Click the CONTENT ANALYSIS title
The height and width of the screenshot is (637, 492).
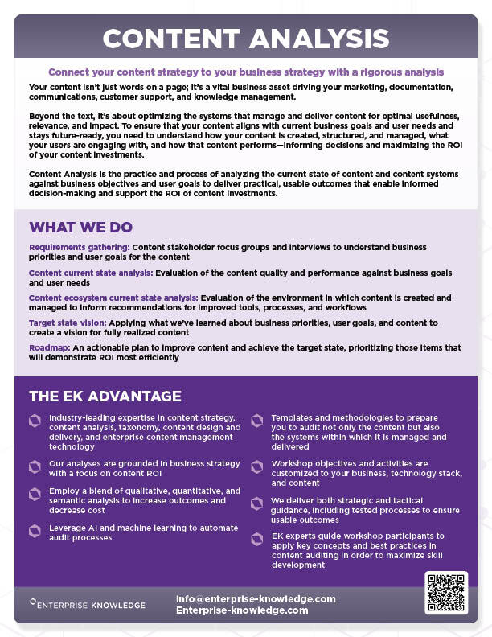tap(246, 38)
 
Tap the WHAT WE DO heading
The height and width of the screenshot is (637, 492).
tap(81, 228)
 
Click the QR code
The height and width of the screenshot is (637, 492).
tap(446, 593)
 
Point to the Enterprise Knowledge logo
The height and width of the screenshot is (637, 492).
tap(88, 605)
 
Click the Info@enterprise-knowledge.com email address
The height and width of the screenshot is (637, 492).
tap(255, 599)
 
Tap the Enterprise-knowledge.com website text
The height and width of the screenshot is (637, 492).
tap(242, 610)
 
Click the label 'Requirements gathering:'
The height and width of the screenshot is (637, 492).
tap(79, 247)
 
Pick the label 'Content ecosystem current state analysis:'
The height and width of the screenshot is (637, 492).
tap(113, 298)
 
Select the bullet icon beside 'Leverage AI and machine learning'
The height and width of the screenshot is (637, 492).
tap(35, 530)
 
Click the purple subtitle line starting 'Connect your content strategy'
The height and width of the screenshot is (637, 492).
tap(246, 72)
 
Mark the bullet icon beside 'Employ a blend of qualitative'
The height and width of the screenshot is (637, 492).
tap(35, 492)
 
